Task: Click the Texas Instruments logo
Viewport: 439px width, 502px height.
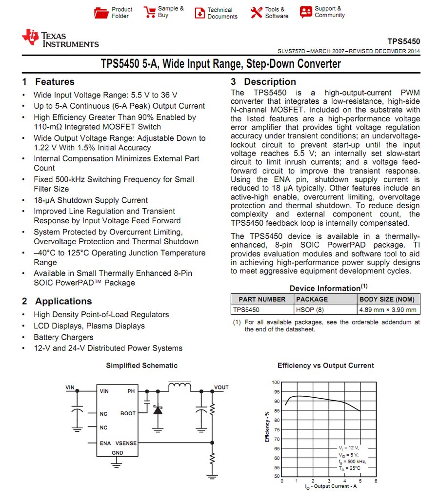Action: [x=60, y=39]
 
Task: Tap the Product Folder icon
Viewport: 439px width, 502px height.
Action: [x=101, y=13]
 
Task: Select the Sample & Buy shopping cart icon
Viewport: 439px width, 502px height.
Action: [x=149, y=13]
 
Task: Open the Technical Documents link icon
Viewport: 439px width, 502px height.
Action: [x=200, y=13]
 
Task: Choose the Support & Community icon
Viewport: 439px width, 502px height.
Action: [x=306, y=12]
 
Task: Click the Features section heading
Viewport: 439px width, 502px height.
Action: [x=48, y=82]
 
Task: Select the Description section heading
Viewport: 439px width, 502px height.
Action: [x=263, y=82]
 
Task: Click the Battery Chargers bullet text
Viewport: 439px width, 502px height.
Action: [x=63, y=337]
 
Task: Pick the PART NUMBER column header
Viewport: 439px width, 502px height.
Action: [x=262, y=299]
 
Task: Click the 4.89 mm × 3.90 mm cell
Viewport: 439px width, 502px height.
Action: [x=388, y=309]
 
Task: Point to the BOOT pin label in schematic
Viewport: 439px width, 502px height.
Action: [x=128, y=413]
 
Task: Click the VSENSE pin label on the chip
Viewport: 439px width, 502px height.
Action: [x=126, y=444]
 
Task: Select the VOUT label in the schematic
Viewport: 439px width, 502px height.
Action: [x=221, y=388]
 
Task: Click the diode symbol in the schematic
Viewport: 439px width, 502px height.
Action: [x=158, y=410]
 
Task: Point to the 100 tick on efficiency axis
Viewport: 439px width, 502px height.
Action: [x=276, y=383]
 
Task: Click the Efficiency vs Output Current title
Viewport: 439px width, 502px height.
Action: [x=325, y=366]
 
